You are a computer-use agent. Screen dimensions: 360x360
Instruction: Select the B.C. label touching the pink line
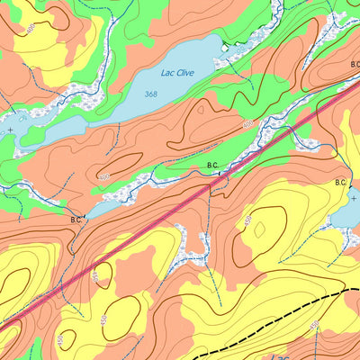[213, 166]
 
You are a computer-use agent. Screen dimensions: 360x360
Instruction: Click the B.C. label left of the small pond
[76, 218]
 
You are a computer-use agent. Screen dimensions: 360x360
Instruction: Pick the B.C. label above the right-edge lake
[341, 184]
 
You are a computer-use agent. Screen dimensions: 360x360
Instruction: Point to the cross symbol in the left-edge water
[10, 130]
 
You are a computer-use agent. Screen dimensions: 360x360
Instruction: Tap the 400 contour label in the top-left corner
[33, 29]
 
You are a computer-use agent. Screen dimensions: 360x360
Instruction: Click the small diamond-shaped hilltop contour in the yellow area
[259, 230]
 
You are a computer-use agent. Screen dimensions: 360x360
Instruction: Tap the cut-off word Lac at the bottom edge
[282, 355]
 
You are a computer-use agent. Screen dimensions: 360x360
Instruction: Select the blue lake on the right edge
[345, 214]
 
